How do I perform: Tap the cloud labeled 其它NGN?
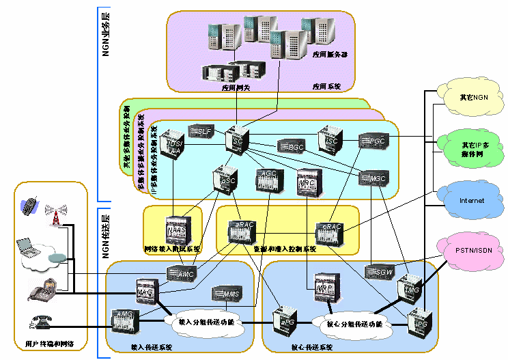(471, 97)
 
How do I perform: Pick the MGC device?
(373, 177)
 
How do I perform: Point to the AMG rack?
(126, 319)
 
